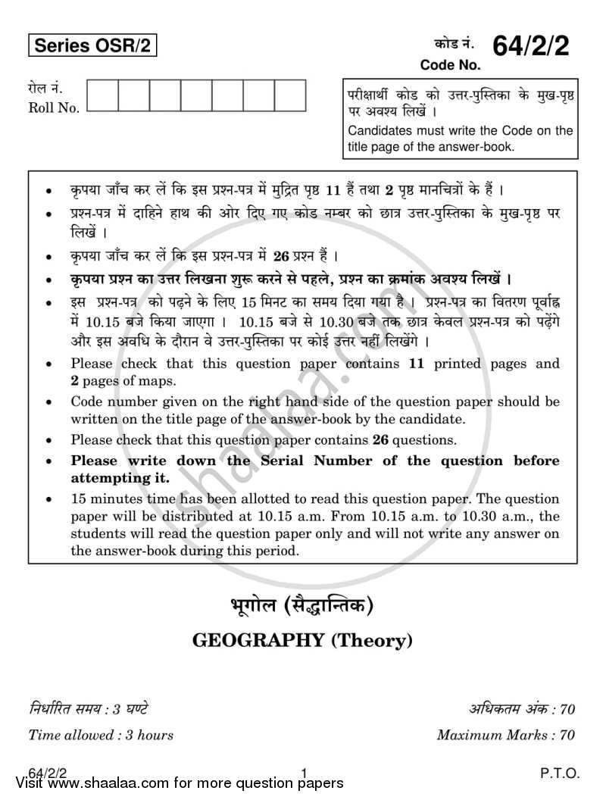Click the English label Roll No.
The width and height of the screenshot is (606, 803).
(x=54, y=108)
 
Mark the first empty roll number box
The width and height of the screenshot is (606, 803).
(x=102, y=95)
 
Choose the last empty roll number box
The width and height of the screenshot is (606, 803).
(x=289, y=95)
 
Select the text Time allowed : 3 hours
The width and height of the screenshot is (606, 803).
(x=101, y=734)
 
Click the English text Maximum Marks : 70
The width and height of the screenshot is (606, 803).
(x=506, y=734)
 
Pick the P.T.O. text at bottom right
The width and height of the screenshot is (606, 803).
(x=560, y=773)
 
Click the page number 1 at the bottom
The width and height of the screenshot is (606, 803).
(x=304, y=773)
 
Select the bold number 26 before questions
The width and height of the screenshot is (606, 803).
(x=380, y=439)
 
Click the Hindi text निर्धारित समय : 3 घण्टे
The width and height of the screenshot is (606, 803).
(x=88, y=710)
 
